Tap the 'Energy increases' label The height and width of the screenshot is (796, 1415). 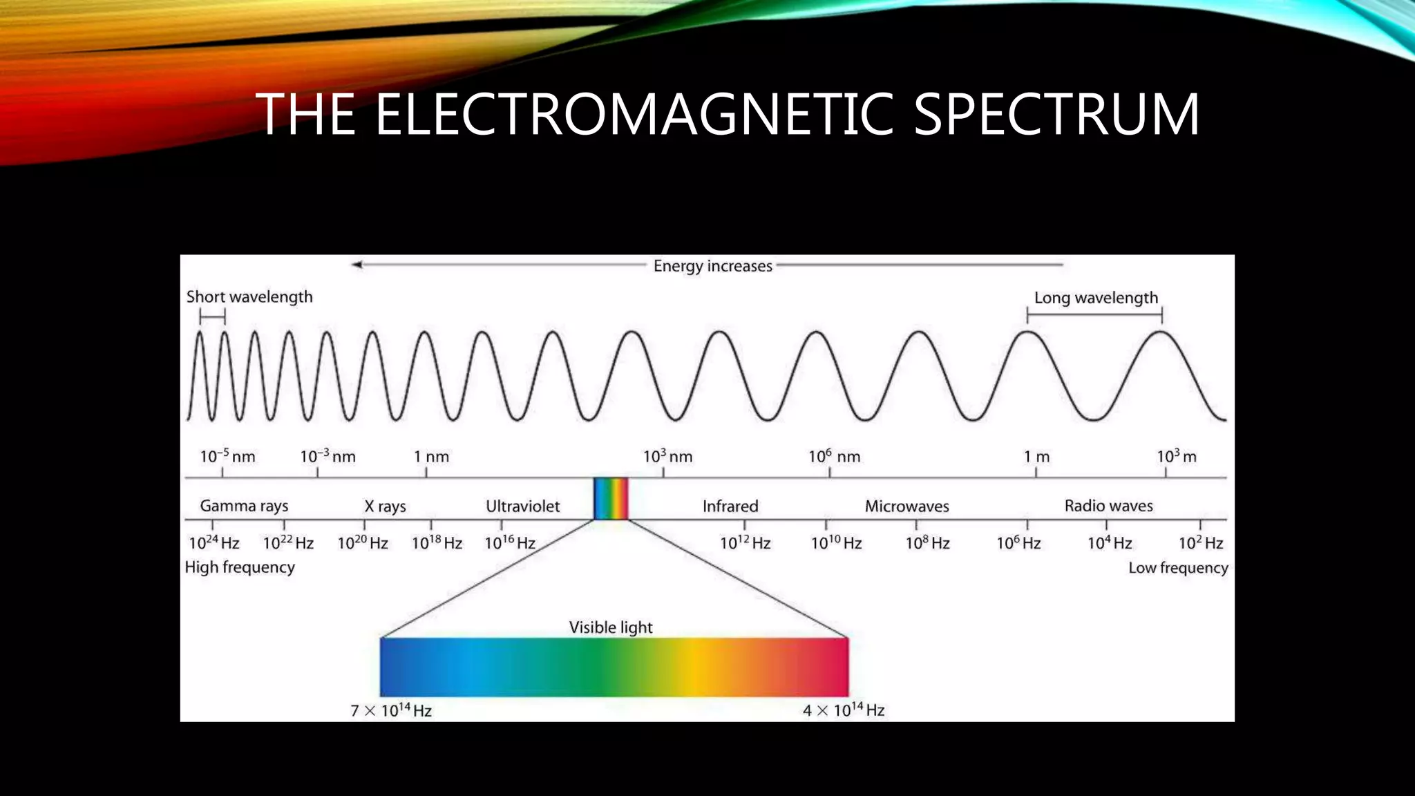712,266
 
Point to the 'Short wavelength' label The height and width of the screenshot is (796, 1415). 249,297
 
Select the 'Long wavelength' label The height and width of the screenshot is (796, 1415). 1096,298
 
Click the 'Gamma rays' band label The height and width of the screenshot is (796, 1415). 244,506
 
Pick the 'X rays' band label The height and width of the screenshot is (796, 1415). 385,506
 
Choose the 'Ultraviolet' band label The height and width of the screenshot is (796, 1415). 522,506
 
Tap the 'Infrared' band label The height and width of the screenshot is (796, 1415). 730,506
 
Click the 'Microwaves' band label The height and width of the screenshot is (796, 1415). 906,506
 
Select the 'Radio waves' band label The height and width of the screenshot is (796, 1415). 1108,506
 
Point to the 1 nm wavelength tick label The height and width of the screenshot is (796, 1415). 431,457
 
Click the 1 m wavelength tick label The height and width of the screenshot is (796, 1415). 1036,457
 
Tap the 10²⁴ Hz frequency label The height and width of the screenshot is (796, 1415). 214,543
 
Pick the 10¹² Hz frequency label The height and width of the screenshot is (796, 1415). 745,543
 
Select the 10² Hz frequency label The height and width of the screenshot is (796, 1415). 1201,543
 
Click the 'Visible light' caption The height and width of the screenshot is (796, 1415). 611,627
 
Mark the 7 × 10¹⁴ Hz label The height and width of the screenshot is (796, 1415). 391,710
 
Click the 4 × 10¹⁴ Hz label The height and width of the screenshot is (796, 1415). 844,710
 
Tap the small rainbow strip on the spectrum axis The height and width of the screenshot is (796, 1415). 611,498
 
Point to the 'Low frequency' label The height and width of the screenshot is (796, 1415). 1178,568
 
